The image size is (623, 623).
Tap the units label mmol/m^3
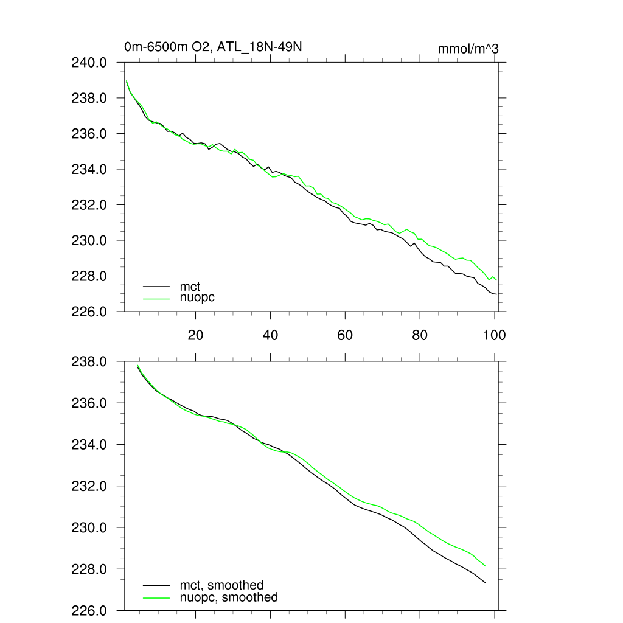pyautogui.click(x=468, y=49)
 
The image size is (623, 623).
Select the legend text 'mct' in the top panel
pyautogui.click(x=190, y=285)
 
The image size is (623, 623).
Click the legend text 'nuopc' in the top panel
pyautogui.click(x=197, y=298)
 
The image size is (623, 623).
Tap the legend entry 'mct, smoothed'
pyautogui.click(x=221, y=585)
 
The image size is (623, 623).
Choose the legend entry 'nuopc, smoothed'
pyautogui.click(x=229, y=597)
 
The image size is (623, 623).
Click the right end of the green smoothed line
pyautogui.click(x=486, y=566)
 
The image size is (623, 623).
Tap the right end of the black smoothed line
pyautogui.click(x=486, y=583)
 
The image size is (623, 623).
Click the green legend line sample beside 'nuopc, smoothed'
pyautogui.click(x=156, y=598)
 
